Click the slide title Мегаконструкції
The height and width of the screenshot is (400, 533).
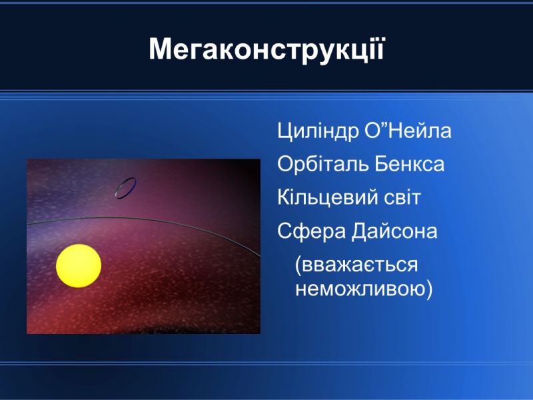(267, 51)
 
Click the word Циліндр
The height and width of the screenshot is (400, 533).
(318, 131)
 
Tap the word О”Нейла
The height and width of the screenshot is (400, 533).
(408, 130)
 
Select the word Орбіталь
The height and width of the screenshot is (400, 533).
(322, 163)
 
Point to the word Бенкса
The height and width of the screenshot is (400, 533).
(410, 163)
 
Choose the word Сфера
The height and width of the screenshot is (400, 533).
(311, 231)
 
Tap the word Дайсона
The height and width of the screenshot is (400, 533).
(394, 231)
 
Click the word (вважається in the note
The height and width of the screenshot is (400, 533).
(356, 265)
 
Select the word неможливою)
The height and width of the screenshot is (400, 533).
(364, 289)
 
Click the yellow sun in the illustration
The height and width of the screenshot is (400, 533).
(79, 266)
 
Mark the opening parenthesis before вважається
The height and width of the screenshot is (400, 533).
(298, 265)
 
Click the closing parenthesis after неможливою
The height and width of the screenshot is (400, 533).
(429, 289)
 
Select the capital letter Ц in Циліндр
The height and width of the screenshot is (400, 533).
(285, 131)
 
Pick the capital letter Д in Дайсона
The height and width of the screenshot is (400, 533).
(360, 232)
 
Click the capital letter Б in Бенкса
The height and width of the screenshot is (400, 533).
(381, 164)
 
